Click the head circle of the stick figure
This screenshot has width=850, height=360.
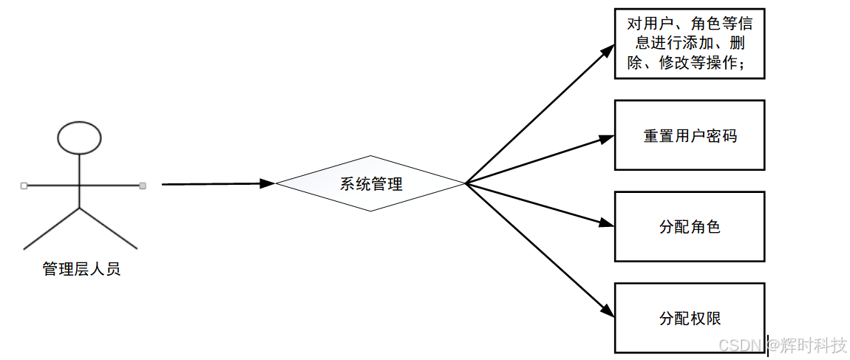coord(80,137)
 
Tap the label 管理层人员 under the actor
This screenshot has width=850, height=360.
coord(81,269)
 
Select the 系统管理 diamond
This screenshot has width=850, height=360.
coord(370,183)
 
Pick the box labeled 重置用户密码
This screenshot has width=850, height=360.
coord(690,135)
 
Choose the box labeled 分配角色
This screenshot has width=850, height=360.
coord(690,226)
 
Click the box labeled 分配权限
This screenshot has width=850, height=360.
coord(690,318)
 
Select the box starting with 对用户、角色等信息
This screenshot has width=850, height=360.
coord(690,44)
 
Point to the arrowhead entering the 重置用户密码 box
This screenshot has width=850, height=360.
coord(607,137)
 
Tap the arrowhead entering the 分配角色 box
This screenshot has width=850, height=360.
coord(607,223)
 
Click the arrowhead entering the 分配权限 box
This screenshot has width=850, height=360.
coord(608,310)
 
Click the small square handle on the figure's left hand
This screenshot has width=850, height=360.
coord(24,186)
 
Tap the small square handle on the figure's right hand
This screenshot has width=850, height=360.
coord(143,186)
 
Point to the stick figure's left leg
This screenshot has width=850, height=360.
coord(52,228)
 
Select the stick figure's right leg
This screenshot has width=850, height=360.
coord(109,228)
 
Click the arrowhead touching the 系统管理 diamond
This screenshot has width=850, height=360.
coord(268,183)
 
